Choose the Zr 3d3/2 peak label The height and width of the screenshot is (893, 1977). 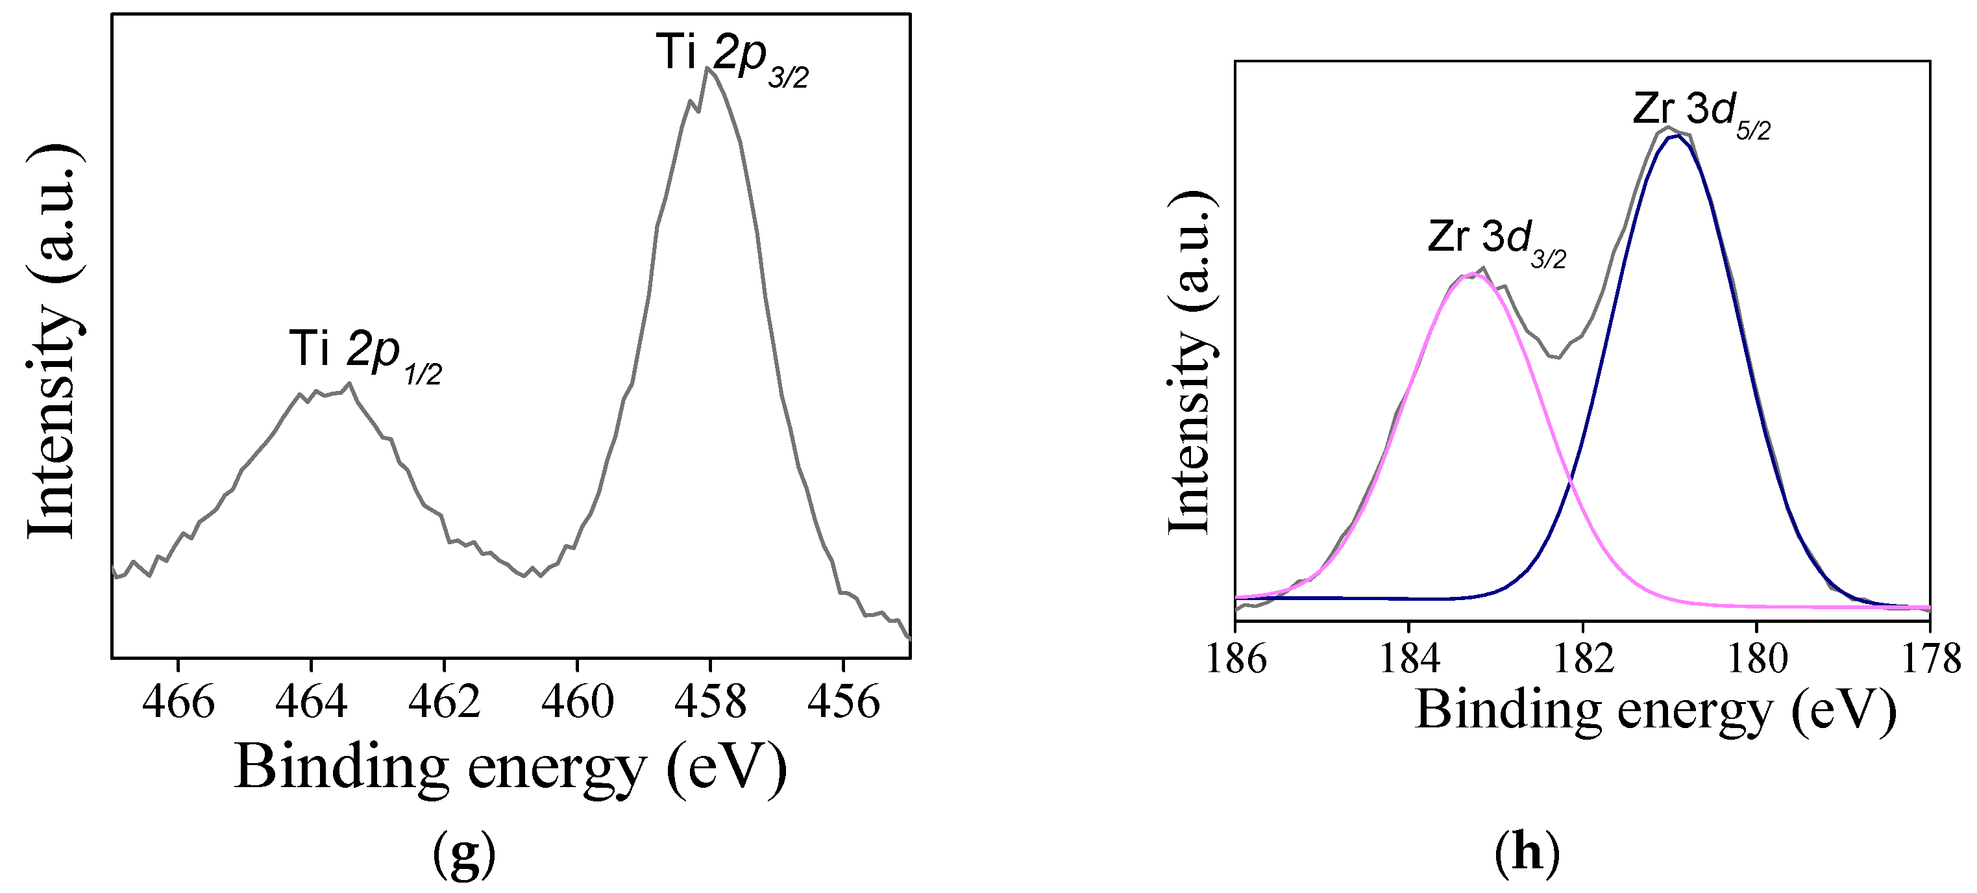click(x=1497, y=241)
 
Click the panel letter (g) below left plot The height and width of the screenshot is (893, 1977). click(x=464, y=855)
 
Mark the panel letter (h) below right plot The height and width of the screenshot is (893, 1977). click(x=1527, y=852)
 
